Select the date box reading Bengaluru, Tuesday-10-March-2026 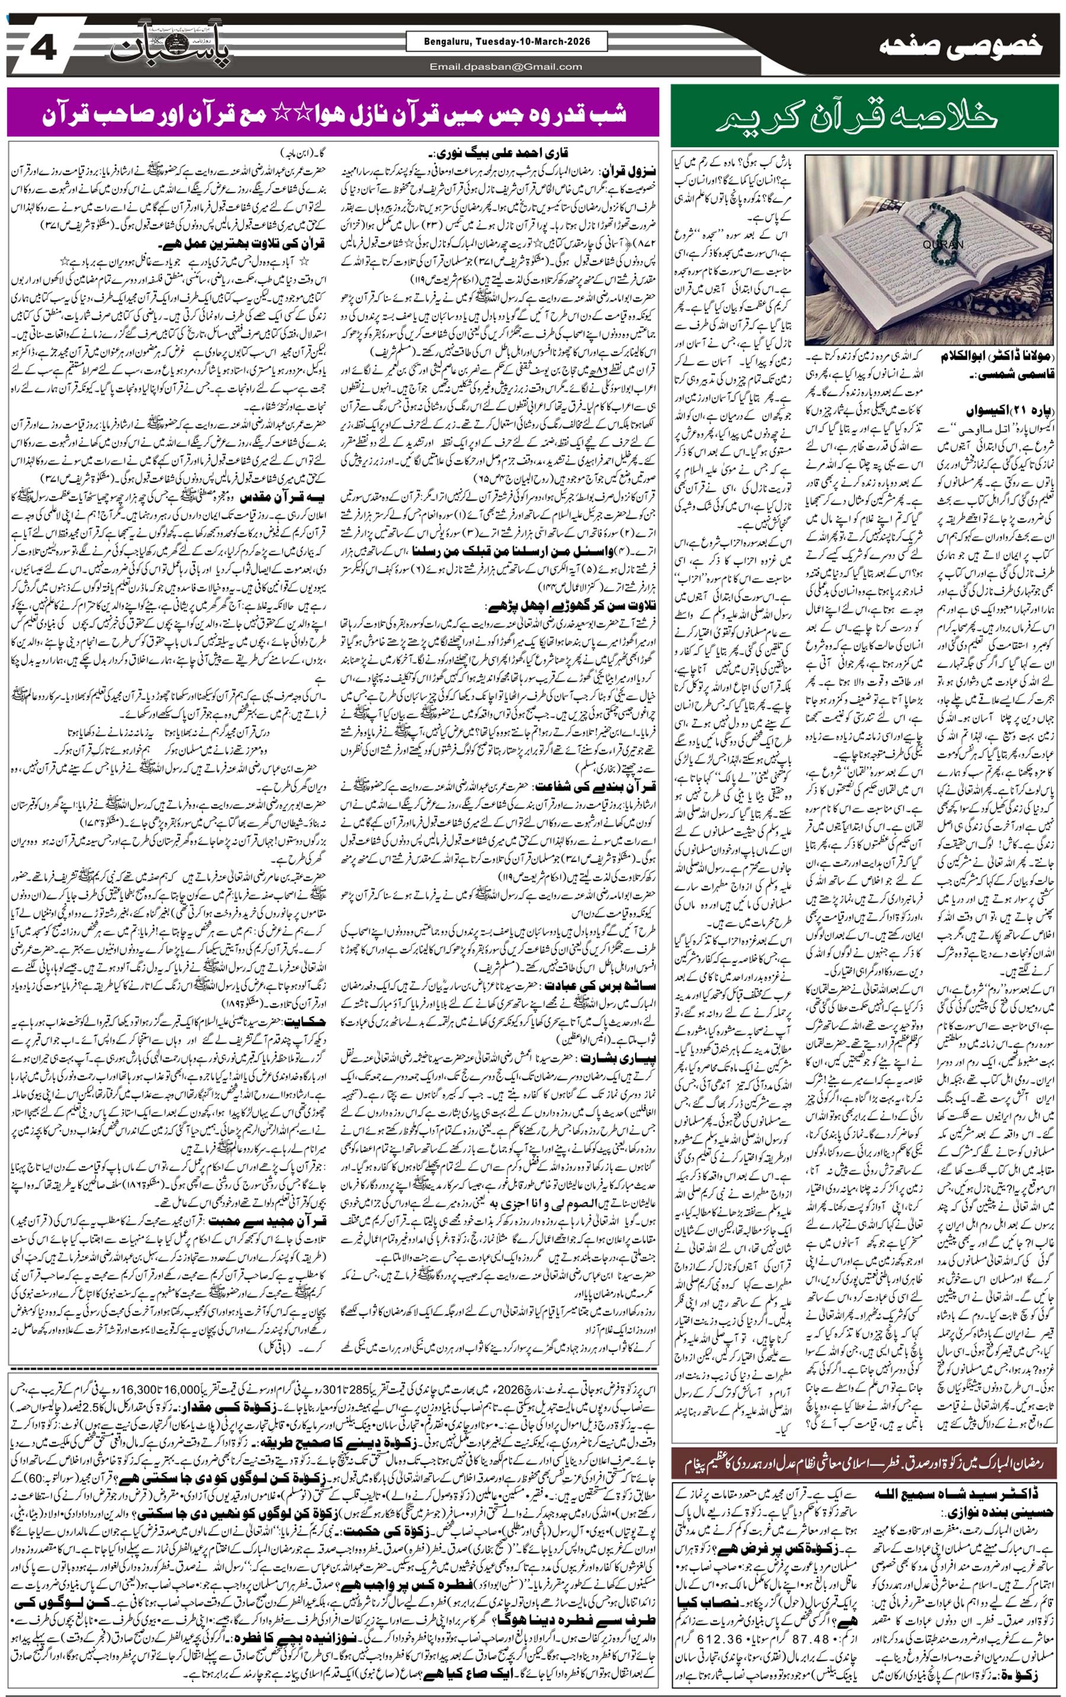click(506, 42)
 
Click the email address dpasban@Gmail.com click(506, 67)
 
